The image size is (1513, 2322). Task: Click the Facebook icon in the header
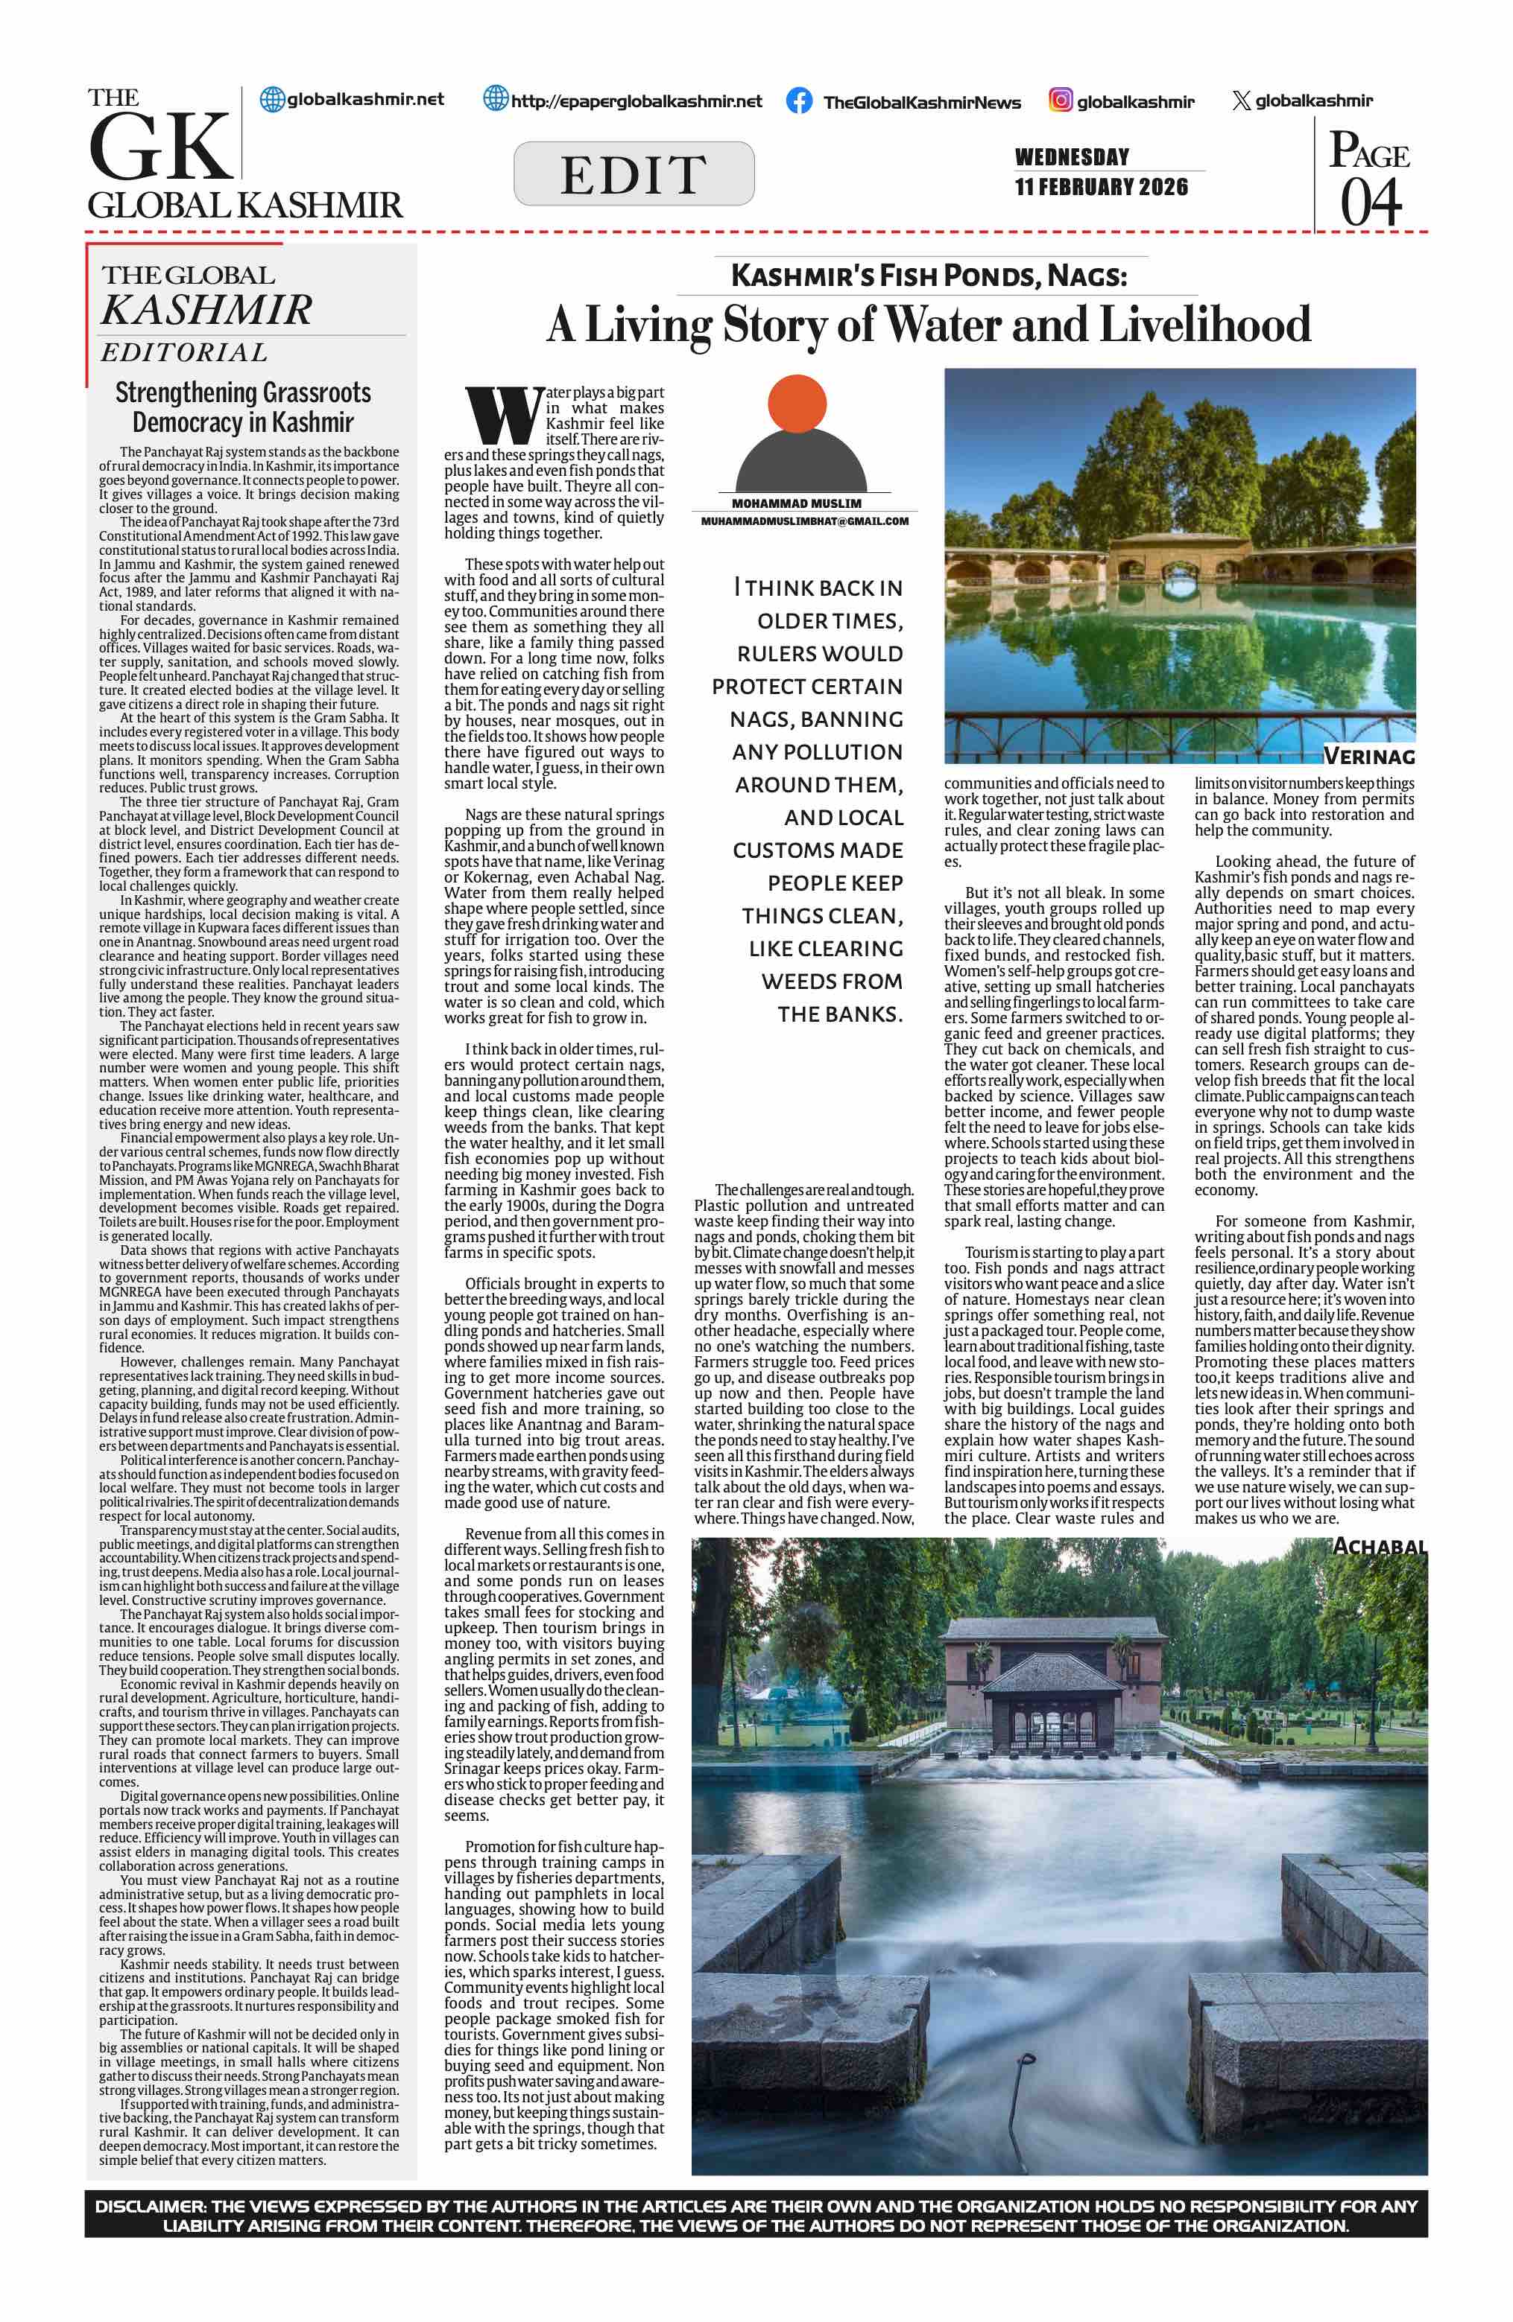pos(798,101)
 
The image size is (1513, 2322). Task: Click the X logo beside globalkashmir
pos(1241,101)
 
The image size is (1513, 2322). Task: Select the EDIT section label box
pos(634,174)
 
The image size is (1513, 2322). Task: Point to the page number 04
pos(1371,203)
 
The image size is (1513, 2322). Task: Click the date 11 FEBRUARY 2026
pos(1101,188)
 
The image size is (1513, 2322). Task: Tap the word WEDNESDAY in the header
pos(1072,157)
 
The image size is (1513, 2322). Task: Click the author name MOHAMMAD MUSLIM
pos(797,503)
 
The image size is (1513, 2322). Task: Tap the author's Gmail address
pos(804,521)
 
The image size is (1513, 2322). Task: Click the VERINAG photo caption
pos(1368,756)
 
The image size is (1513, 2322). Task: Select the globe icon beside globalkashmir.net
pos(271,100)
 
